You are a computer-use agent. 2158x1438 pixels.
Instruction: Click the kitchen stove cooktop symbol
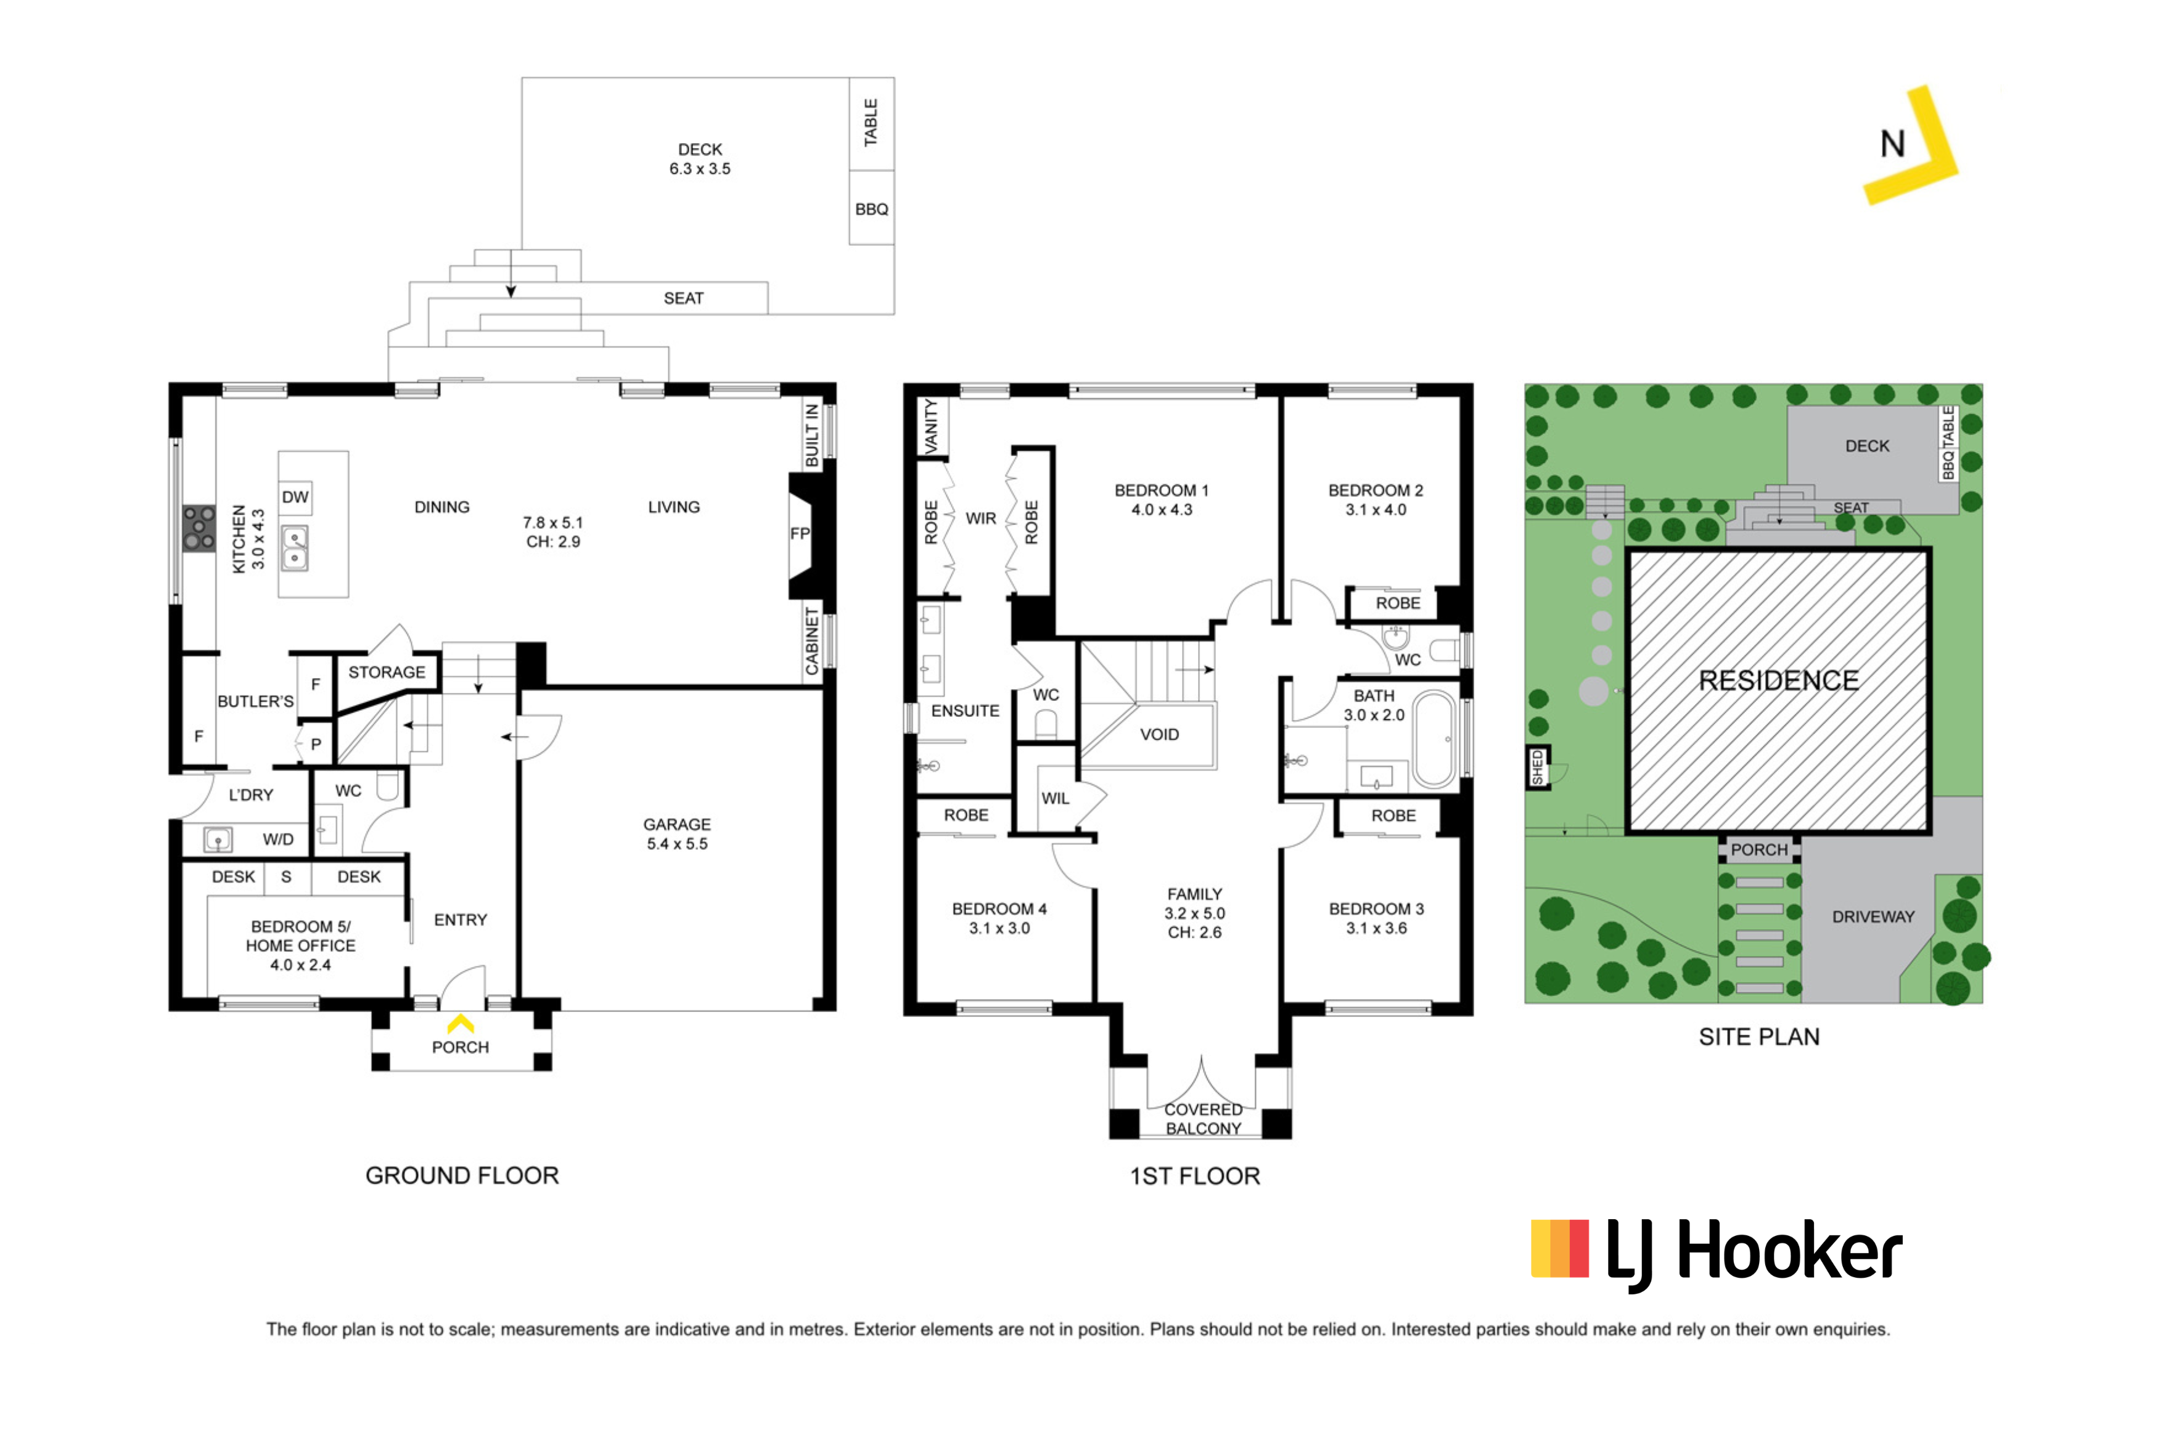coord(198,528)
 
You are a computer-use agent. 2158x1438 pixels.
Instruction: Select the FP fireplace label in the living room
coord(799,534)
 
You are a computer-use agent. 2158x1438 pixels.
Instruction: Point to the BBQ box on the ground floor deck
coord(871,209)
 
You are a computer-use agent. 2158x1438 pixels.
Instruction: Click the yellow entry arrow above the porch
coord(461,1023)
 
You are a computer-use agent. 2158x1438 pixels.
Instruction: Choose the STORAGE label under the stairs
coord(386,672)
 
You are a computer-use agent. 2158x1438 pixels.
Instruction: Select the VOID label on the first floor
coord(1159,735)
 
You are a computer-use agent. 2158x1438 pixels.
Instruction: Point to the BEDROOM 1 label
coord(1161,491)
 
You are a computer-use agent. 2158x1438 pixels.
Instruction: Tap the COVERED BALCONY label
coord(1204,1119)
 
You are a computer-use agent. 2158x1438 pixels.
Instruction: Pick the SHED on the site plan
coord(1537,767)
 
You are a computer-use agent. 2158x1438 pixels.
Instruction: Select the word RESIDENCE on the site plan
coord(1778,680)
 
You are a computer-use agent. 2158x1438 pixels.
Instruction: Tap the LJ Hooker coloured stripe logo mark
coord(1559,1248)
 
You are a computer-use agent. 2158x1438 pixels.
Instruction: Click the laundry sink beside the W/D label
coord(218,839)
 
